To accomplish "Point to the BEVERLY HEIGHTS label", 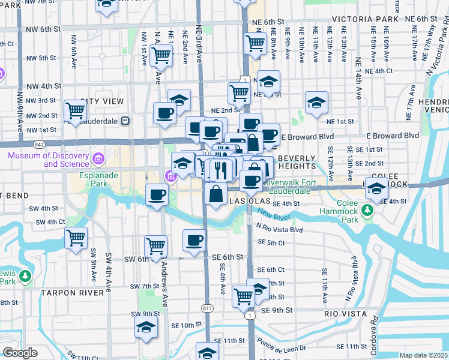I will [x=297, y=161].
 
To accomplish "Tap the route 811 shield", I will [x=207, y=308].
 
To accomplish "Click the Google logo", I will [x=19, y=353].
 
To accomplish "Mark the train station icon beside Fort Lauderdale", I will [x=125, y=119].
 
